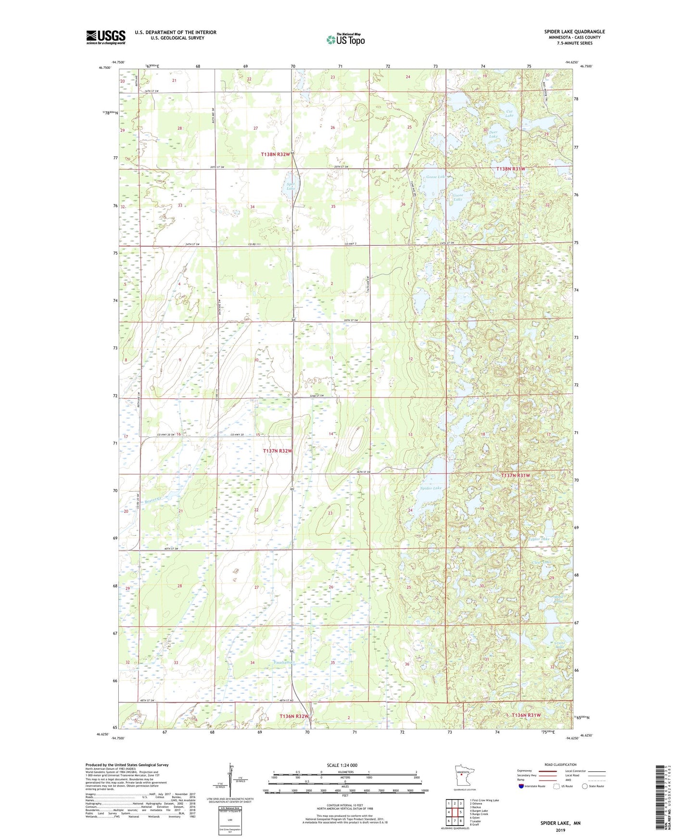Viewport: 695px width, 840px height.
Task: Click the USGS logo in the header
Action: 105,37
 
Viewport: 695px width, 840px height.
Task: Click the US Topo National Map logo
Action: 345,39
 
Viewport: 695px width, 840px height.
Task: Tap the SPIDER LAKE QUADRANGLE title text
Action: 574,32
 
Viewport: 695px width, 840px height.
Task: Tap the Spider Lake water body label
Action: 430,488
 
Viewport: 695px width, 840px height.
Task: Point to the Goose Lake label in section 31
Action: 457,197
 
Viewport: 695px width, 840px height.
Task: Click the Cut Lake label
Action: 509,114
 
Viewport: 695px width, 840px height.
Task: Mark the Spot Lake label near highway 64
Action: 291,186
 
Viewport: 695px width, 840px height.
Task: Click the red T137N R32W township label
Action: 278,451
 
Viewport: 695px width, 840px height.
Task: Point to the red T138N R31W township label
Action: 511,169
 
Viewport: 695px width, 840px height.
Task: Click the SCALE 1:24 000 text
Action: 342,765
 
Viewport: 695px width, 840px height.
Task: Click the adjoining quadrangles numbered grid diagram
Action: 455,814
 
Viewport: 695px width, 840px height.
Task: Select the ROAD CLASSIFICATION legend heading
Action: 560,764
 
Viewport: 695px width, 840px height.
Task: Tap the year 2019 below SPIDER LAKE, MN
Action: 560,830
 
